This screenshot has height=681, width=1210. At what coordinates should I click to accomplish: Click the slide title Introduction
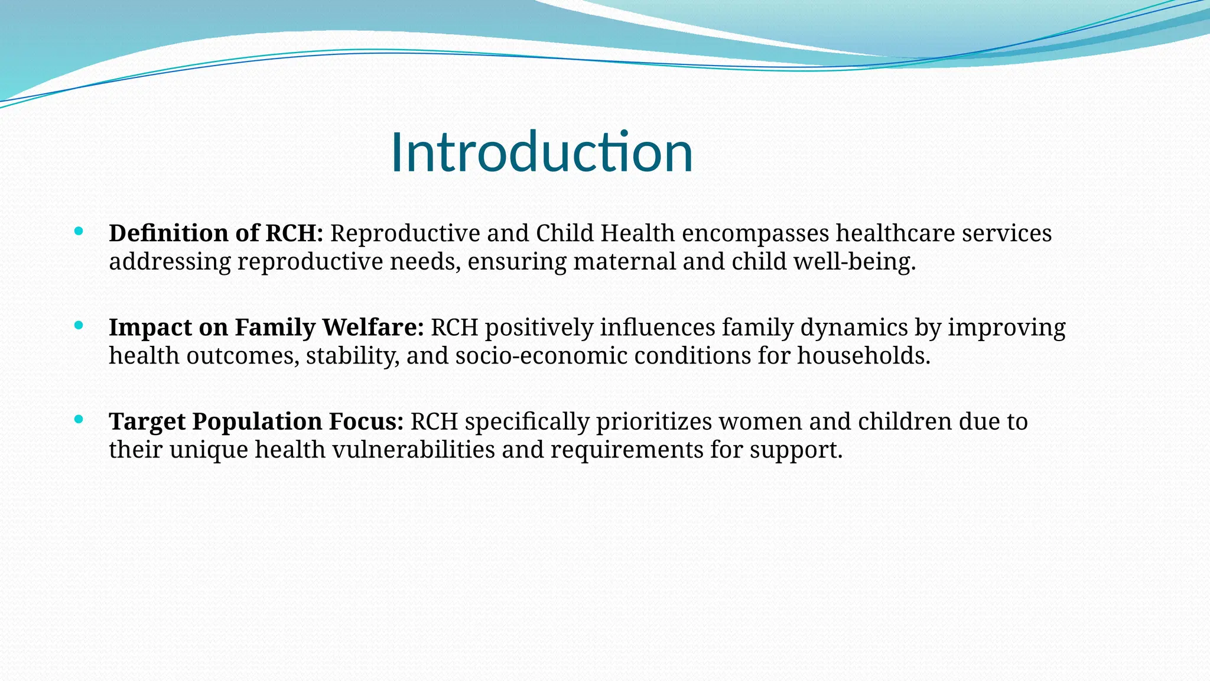tap(541, 153)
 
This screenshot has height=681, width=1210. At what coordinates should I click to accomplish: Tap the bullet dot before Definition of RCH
tap(79, 231)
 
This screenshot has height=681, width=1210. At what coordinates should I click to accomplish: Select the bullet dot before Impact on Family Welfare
tap(79, 325)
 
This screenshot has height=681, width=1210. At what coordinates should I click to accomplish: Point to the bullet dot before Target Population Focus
tap(79, 419)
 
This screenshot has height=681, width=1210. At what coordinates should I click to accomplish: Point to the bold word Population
tap(257, 422)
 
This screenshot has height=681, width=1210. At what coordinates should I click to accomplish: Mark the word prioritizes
tap(654, 422)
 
